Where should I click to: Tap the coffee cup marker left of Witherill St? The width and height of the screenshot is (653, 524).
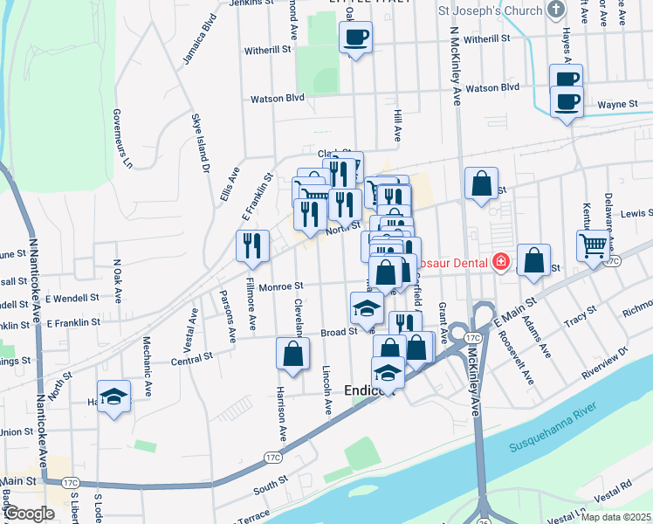coord(354,38)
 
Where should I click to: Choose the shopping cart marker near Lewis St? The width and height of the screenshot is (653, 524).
coord(592,245)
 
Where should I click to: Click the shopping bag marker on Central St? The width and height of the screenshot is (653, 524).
coord(292,354)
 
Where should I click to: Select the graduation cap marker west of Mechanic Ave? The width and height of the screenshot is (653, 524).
coord(113,396)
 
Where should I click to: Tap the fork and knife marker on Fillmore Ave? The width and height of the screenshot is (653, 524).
coord(252,245)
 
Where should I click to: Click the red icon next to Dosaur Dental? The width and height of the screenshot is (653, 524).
coord(501,261)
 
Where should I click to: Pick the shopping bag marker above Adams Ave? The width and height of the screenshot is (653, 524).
coord(533,260)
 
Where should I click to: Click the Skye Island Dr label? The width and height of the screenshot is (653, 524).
coord(202,143)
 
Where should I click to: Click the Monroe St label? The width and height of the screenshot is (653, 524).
coord(285,285)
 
